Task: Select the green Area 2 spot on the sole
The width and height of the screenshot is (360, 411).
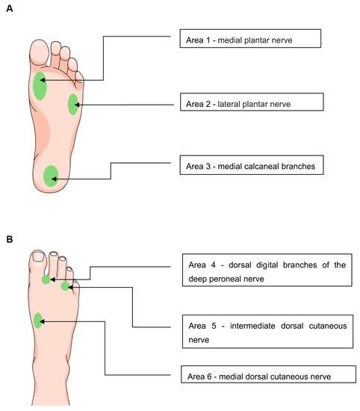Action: click(x=73, y=105)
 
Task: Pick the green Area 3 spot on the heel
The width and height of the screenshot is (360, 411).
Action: click(x=51, y=176)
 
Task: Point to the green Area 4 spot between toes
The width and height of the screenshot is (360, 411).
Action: click(x=46, y=280)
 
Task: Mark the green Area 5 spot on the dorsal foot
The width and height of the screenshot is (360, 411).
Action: click(x=66, y=286)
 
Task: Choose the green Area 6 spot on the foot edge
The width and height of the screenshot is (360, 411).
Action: click(x=38, y=321)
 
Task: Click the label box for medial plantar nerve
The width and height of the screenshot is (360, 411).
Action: click(x=250, y=39)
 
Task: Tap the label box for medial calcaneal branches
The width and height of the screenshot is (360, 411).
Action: click(x=252, y=165)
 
